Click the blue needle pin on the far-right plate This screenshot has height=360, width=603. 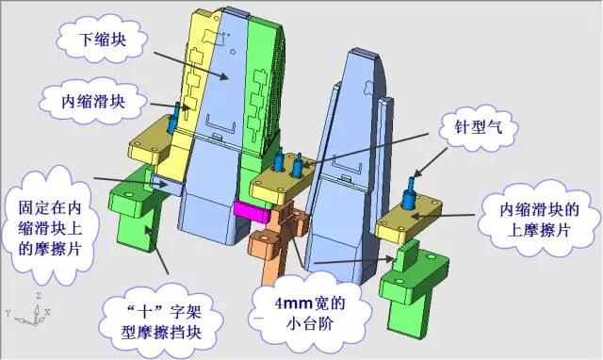coord(410,194)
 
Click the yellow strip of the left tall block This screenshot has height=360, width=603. coord(204,75)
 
